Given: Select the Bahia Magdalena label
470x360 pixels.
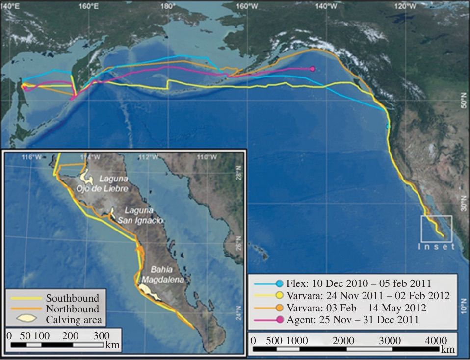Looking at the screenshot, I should (x=162, y=275).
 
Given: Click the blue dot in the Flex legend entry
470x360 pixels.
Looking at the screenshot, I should (x=279, y=283).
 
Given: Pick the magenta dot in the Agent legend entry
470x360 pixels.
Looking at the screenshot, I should (x=279, y=320).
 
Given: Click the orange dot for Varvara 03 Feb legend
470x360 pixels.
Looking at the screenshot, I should (x=279, y=308).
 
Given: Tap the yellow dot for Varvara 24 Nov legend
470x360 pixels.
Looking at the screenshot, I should (x=279, y=295).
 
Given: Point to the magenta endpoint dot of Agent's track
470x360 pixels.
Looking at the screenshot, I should (x=313, y=69).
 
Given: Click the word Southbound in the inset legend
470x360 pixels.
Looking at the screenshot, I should (x=72, y=298).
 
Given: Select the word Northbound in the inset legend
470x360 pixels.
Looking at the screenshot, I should (x=72, y=309).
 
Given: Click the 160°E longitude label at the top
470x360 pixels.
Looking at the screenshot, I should (x=88, y=6).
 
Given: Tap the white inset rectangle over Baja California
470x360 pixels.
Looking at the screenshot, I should (x=436, y=228).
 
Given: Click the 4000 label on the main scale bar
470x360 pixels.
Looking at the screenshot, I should (x=436, y=340).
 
